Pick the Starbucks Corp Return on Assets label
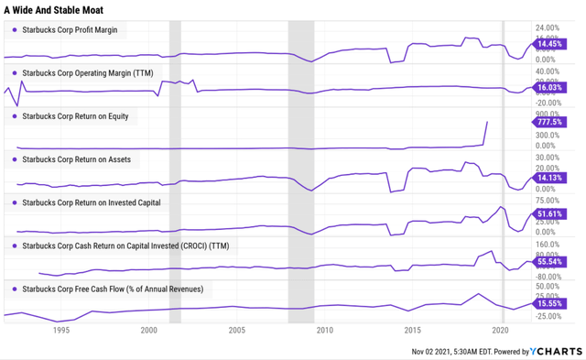(x=75, y=159)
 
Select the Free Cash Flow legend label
(x=113, y=289)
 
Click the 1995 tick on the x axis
(x=60, y=330)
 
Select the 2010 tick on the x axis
(x=325, y=330)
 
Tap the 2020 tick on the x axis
(x=501, y=330)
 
